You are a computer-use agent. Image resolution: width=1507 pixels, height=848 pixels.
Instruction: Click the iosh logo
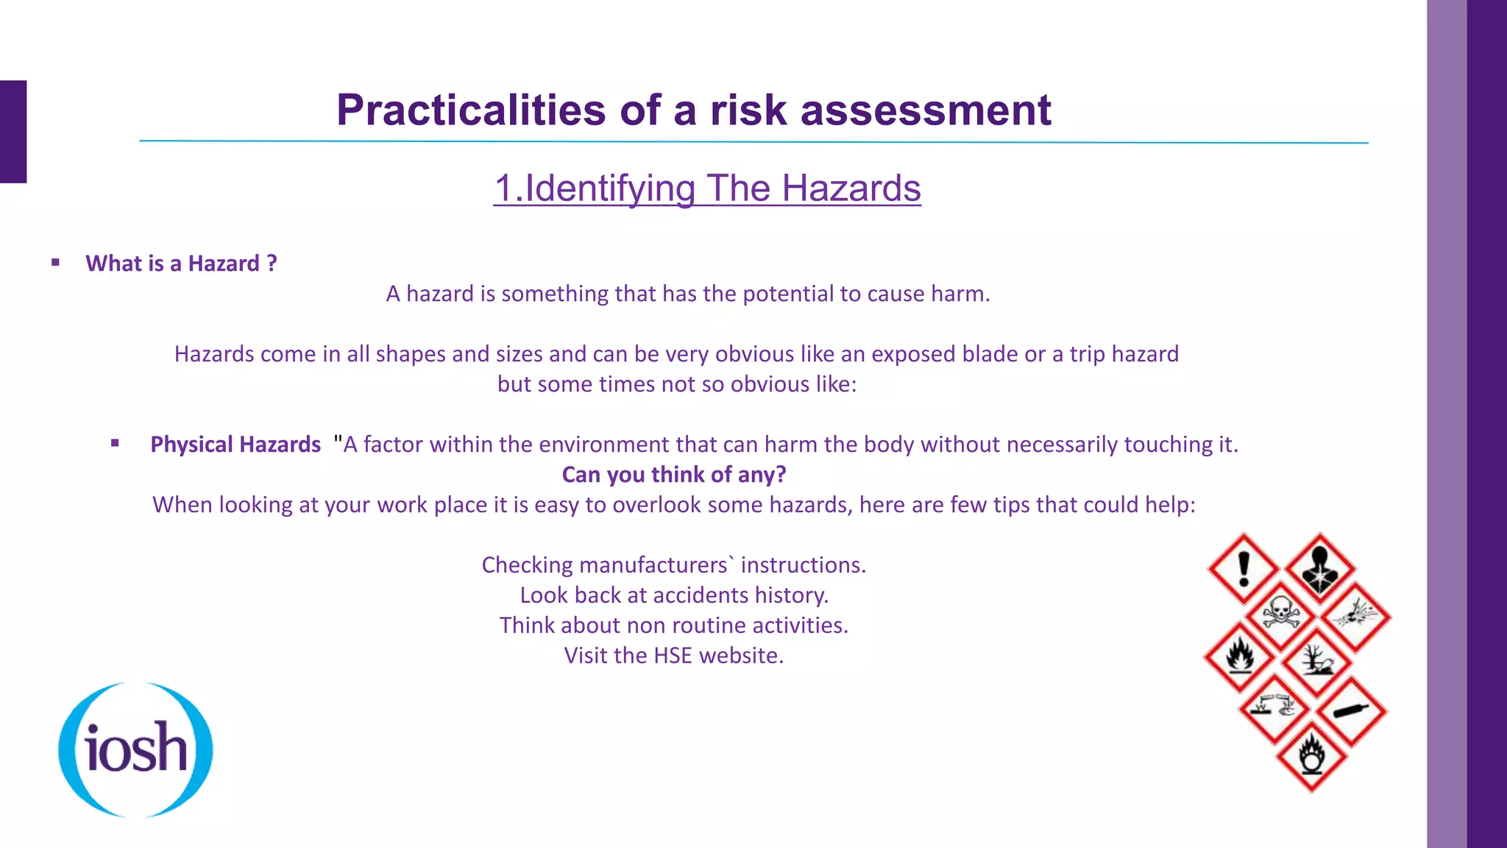[135, 749]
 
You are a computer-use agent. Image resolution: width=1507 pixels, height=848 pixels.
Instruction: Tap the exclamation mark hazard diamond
[1244, 568]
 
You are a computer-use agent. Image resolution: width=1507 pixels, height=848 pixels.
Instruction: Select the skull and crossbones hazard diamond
[1280, 614]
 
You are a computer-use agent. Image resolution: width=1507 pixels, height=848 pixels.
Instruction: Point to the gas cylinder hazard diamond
[1351, 712]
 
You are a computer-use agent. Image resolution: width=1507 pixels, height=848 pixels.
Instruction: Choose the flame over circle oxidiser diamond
[1311, 755]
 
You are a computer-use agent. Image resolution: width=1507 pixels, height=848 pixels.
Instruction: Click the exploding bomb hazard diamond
[1355, 614]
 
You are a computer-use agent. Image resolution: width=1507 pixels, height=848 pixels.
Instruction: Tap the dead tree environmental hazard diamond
[1316, 660]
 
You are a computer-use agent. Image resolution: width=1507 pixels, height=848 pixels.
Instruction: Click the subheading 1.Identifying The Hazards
[706, 188]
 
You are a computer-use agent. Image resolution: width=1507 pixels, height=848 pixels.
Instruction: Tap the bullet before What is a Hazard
[55, 263]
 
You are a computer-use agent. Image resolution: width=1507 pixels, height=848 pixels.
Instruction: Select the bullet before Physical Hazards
[115, 443]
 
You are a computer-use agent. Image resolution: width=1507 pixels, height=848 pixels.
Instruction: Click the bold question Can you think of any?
[674, 475]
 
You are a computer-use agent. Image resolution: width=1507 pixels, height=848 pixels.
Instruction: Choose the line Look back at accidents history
[674, 595]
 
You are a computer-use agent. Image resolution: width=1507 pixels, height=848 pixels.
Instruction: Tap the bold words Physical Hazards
[235, 445]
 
